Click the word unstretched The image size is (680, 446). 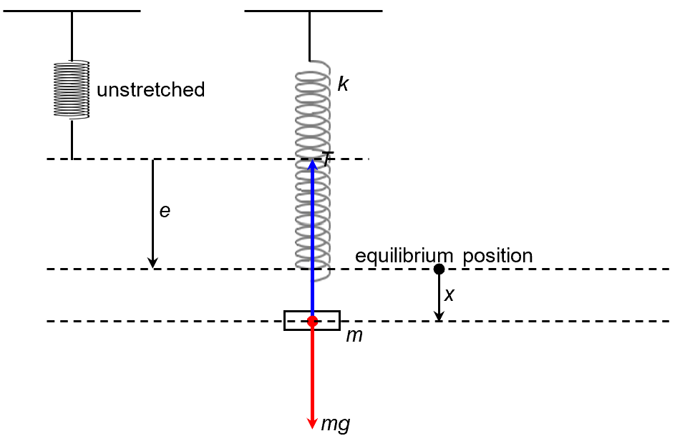pos(150,90)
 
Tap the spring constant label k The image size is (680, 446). pos(343,84)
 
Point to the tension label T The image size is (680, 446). pos(327,160)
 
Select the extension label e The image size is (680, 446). pos(165,212)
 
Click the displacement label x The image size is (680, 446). pos(450,294)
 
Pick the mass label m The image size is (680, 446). pos(354,335)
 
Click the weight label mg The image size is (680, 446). pos(335,424)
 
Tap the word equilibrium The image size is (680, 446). pos(405,256)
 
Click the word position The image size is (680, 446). pos(497,256)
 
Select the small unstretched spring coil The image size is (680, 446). pos(72,89)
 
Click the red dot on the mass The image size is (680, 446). pos(312,322)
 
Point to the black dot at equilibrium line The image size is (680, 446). pos(439,269)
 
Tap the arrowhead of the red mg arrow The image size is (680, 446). pos(312,422)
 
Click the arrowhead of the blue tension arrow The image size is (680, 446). pos(312,164)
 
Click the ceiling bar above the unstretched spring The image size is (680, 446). pos(72,11)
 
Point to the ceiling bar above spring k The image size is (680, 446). pos(313,11)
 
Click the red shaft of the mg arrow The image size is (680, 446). pos(312,372)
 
